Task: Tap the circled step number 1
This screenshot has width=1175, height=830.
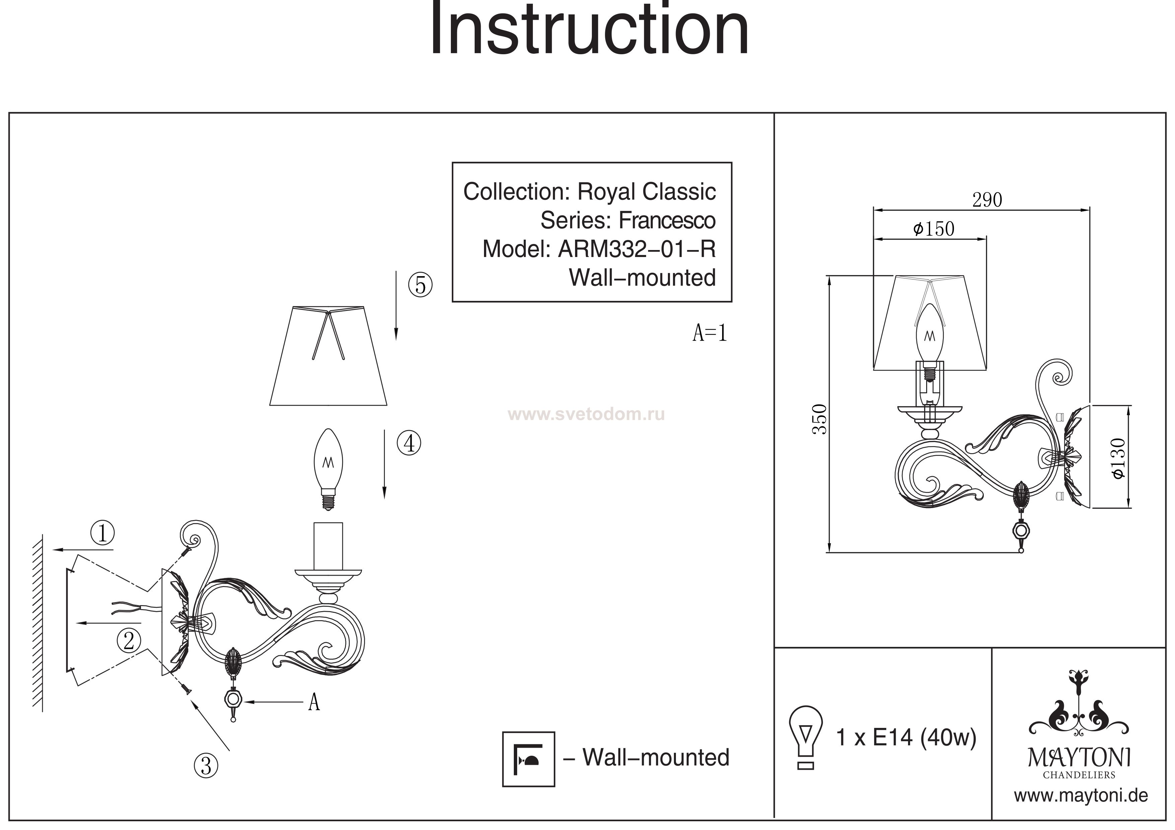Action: coord(102,533)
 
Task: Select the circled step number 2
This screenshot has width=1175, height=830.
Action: coord(128,640)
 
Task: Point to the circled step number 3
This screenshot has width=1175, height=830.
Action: coord(206,765)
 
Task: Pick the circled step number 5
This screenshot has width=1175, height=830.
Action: coord(420,284)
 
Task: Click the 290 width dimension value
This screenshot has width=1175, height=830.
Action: coord(987,200)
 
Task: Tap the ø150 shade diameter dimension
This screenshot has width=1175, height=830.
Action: coord(934,229)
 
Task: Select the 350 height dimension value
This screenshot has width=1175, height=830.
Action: coord(820,419)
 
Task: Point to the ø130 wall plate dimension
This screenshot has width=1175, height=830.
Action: coord(1119,458)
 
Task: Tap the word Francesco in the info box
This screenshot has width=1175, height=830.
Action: coord(667,221)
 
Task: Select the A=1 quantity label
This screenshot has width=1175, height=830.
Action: coord(709,333)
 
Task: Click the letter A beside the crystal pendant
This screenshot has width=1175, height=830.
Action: coord(314,703)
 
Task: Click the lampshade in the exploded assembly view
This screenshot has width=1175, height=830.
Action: coord(328,356)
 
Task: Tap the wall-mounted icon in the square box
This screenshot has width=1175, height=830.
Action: coord(528,759)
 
